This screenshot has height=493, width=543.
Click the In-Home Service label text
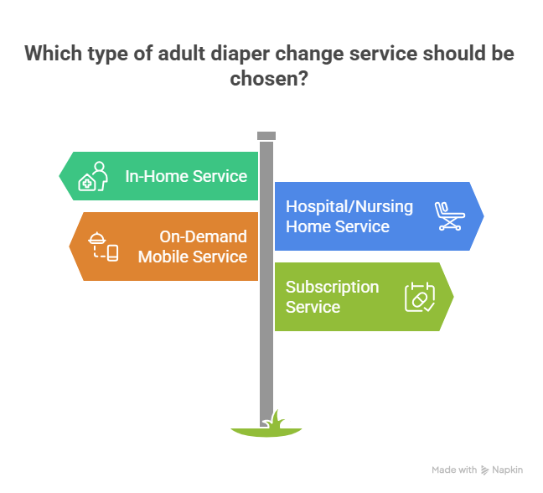pyautogui.click(x=186, y=176)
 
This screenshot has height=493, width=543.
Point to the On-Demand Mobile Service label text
pyautogui.click(x=193, y=246)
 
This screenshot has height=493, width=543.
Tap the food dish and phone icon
pyautogui.click(x=103, y=246)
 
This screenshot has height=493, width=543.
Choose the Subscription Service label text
pyautogui.click(x=332, y=297)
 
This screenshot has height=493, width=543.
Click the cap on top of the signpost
pyautogui.click(x=266, y=136)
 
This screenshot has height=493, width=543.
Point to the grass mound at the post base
pyautogui.click(x=266, y=428)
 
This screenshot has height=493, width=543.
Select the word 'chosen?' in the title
pyautogui.click(x=266, y=79)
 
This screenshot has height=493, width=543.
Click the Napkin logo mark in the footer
pyautogui.click(x=485, y=470)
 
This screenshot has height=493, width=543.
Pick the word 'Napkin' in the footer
pyautogui.click(x=508, y=470)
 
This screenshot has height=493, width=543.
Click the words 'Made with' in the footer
pyautogui.click(x=454, y=470)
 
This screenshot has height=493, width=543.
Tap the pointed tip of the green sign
pyautogui.click(x=59, y=176)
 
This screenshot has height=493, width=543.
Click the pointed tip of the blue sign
pyautogui.click(x=484, y=215)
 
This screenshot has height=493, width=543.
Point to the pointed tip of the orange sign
pyautogui.click(x=69, y=246)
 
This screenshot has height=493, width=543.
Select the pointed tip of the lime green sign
pyautogui.click(x=454, y=297)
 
